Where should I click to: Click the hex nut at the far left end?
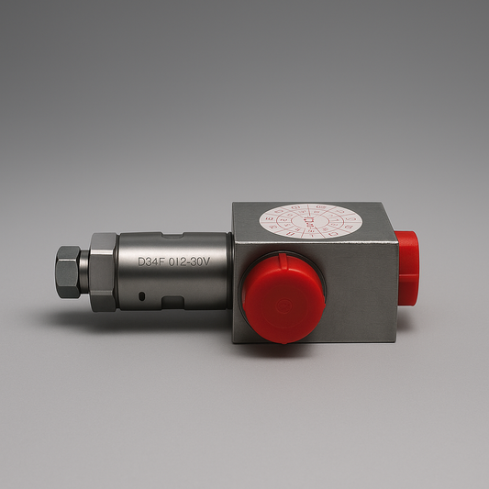tap(68, 272)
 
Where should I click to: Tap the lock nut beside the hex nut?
tap(103, 272)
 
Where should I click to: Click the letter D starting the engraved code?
tap(142, 261)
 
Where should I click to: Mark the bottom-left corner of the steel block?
tap(235, 342)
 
